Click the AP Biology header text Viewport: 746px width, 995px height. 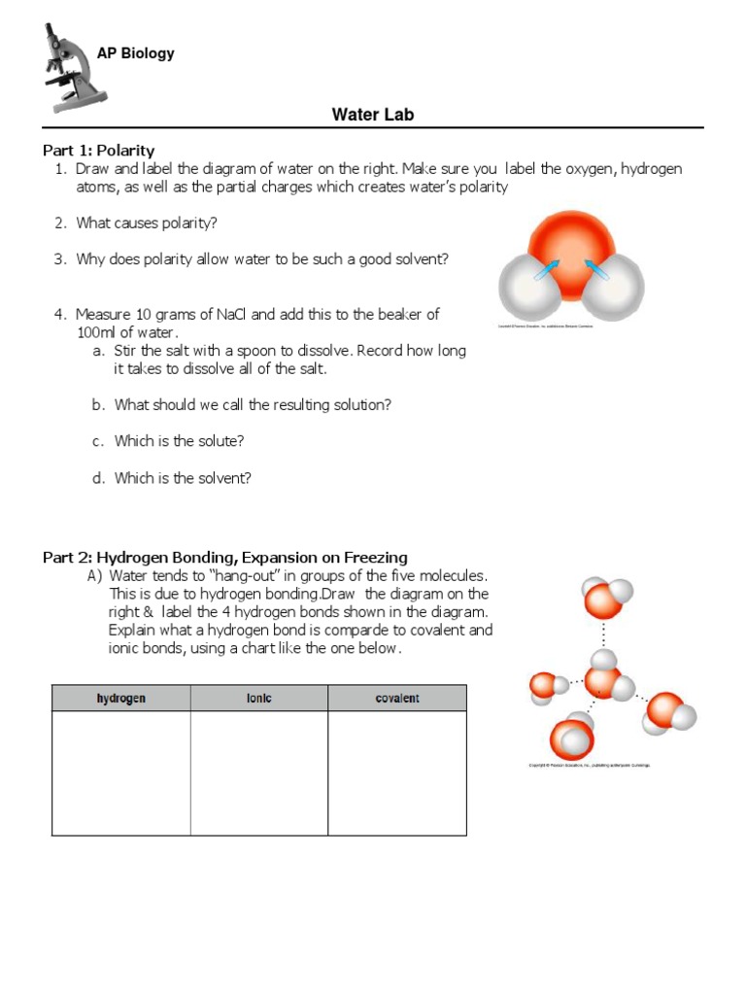tap(135, 53)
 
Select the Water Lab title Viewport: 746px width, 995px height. tap(373, 115)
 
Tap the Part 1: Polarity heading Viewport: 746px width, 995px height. tap(98, 151)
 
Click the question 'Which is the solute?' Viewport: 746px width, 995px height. tap(179, 441)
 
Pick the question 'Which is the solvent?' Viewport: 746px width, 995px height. tap(183, 478)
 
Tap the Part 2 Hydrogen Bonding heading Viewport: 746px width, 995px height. tap(224, 558)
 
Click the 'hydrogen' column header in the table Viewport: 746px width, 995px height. tap(120, 699)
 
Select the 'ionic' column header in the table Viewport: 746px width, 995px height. tap(258, 699)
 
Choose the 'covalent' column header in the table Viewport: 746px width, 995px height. tap(396, 699)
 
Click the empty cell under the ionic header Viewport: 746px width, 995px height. tap(258, 772)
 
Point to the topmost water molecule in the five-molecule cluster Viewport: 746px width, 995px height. tap(605, 597)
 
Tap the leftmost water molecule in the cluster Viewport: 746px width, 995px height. tap(546, 687)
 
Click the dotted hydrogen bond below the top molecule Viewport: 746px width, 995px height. tap(604, 635)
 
